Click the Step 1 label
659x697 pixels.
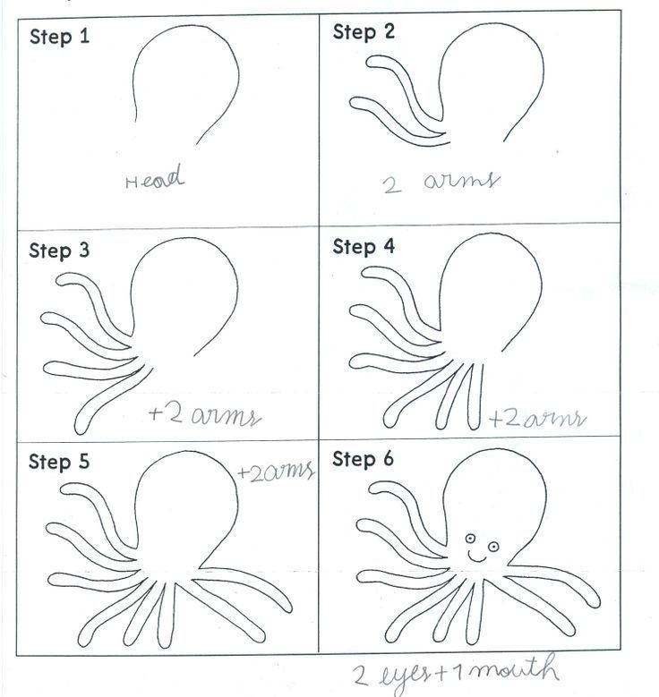coord(60,37)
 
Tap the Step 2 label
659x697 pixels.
coord(364,32)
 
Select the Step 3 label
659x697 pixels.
coord(59,251)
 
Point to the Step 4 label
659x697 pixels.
coord(364,246)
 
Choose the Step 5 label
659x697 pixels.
coord(59,462)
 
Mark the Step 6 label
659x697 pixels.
coord(364,459)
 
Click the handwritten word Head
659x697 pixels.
coord(154,177)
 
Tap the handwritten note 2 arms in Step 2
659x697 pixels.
coord(441,182)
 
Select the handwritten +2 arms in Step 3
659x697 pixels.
coord(205,415)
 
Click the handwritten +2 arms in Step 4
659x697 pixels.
coord(537,418)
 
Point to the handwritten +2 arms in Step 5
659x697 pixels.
coord(277,472)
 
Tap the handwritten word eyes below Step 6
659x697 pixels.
coord(404,676)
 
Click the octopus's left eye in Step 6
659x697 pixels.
coord(470,539)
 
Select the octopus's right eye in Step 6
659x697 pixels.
coord(493,547)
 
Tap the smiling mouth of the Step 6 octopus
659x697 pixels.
coord(477,557)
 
